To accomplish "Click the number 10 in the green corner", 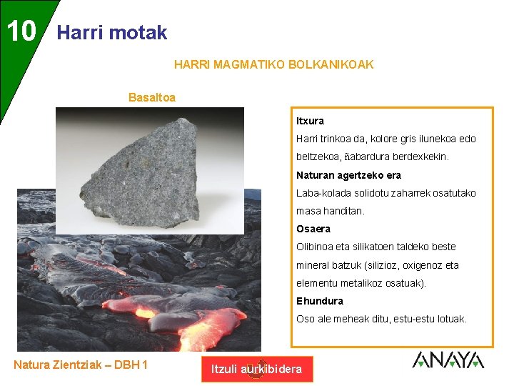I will (21, 31).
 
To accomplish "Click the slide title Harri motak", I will (111, 32).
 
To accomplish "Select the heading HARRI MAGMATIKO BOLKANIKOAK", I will (273, 64).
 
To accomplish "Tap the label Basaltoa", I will (152, 97).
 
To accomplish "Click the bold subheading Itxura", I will (310, 121).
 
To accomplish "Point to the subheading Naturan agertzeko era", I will (348, 175).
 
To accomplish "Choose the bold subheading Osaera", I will (313, 229).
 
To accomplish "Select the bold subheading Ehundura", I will (320, 301).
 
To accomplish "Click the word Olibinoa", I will (318, 247).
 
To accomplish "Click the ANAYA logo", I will (448, 360).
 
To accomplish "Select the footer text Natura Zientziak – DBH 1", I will (81, 365).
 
